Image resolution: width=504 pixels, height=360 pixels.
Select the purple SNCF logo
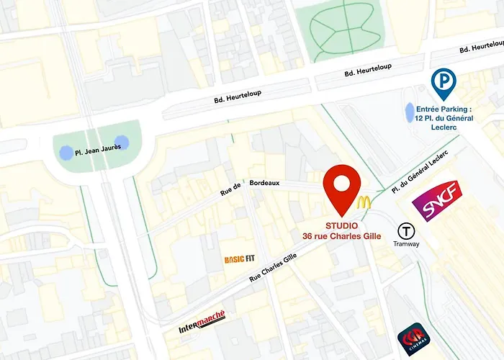tap(436, 201)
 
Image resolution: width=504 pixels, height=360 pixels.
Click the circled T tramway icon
tap(408, 231)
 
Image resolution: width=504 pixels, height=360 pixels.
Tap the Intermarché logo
tap(202, 323)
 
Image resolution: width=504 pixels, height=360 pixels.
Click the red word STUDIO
tap(341, 226)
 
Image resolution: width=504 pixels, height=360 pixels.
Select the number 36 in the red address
tap(307, 236)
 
